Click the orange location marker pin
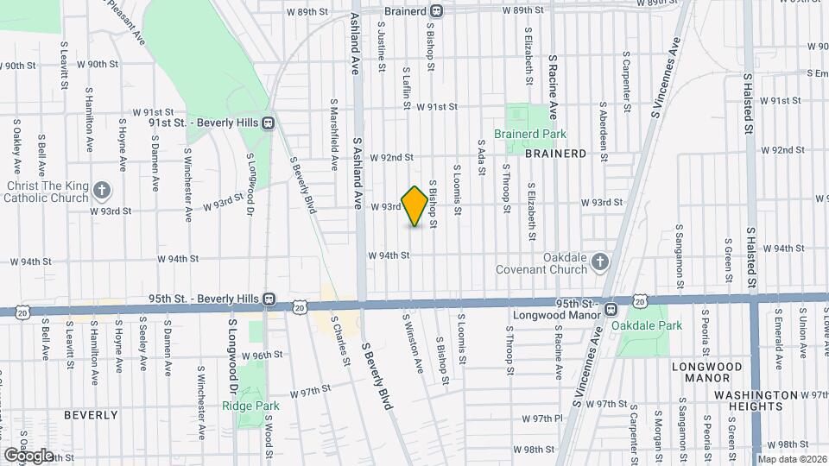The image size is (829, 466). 415,206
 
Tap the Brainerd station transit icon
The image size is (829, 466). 437,11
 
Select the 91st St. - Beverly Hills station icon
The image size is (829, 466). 269,123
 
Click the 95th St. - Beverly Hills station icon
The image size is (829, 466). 269,299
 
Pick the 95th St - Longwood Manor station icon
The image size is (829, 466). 611,309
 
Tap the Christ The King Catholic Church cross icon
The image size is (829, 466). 102,190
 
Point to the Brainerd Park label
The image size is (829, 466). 530,135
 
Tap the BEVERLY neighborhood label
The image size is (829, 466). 91,415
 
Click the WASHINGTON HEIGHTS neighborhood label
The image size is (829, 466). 756,401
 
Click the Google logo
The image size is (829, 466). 28,455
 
